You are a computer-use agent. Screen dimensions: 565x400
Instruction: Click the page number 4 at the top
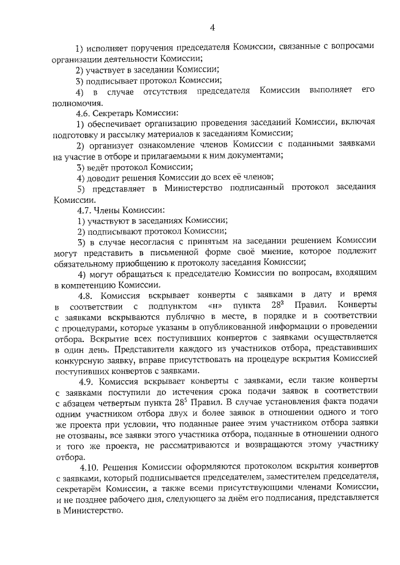point(212,27)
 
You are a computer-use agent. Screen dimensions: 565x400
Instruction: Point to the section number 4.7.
point(84,210)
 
